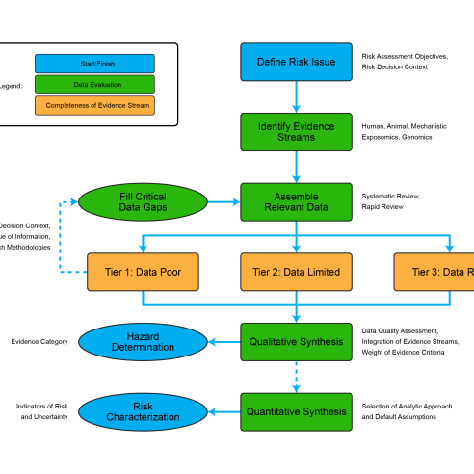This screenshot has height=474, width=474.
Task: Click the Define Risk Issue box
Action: [296, 62]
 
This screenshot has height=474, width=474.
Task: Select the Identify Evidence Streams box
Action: [296, 131]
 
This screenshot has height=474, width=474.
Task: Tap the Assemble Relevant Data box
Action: [296, 201]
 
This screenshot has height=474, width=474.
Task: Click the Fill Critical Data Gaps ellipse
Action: [143, 201]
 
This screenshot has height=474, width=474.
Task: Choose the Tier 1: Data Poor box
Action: [143, 272]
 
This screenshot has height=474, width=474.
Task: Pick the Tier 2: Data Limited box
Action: [296, 272]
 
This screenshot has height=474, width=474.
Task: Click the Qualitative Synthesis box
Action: [296, 341]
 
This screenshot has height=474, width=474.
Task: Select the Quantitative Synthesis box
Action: [296, 411]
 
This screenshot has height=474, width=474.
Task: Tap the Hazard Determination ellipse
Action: [143, 341]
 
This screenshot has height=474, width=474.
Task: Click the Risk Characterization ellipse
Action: [143, 411]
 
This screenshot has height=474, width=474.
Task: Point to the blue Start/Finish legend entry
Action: [94, 64]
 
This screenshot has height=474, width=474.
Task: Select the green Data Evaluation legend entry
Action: [94, 84]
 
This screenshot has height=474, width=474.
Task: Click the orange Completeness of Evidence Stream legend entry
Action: [94, 104]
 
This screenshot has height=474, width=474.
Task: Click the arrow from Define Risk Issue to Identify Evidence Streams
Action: [296, 96]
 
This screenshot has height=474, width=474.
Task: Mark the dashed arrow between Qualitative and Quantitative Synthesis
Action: [296, 377]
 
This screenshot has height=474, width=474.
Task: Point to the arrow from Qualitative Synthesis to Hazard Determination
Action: [224, 341]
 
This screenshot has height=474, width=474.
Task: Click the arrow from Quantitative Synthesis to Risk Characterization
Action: [224, 411]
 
